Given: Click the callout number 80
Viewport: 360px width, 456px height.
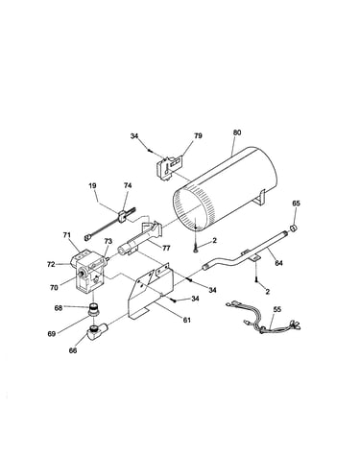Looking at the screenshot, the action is [x=237, y=132].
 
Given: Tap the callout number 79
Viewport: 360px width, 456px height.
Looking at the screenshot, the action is [x=198, y=135].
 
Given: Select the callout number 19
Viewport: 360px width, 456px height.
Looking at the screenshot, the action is [x=93, y=185].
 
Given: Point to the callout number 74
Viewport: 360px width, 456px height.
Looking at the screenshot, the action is [x=128, y=185].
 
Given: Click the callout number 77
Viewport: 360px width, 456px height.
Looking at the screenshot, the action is [x=166, y=248].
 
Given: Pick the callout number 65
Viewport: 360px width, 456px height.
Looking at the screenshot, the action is [x=296, y=203].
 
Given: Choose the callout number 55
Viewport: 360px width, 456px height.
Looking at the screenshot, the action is [x=277, y=309].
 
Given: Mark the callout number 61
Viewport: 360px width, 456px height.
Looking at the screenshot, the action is [x=186, y=320].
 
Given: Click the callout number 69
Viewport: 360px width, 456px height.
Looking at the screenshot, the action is [x=52, y=334].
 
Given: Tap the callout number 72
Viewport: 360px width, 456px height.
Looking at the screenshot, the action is [x=51, y=264].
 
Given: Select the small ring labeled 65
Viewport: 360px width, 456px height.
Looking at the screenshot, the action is [x=294, y=228].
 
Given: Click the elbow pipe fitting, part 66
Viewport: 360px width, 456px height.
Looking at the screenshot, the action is [x=96, y=331].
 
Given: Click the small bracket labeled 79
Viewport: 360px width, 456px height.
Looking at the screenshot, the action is [x=169, y=167].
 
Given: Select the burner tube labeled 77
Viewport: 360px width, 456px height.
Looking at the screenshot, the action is [x=141, y=238].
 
